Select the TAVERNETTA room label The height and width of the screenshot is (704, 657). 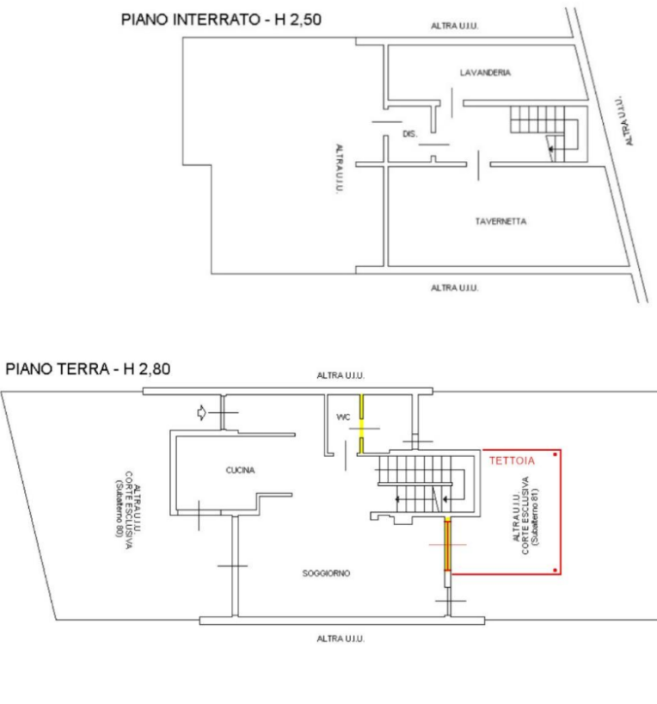click(500, 221)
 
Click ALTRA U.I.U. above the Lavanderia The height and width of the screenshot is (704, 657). click(454, 28)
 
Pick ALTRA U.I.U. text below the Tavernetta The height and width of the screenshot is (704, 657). click(454, 287)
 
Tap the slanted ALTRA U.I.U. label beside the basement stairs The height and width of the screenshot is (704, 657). click(624, 120)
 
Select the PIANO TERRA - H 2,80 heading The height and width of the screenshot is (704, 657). click(89, 368)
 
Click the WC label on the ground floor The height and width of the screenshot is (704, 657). click(343, 417)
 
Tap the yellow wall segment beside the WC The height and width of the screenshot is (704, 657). click(362, 422)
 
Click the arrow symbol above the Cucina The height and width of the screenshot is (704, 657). click(201, 413)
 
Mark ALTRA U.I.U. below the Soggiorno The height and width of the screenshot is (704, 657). click(340, 639)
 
